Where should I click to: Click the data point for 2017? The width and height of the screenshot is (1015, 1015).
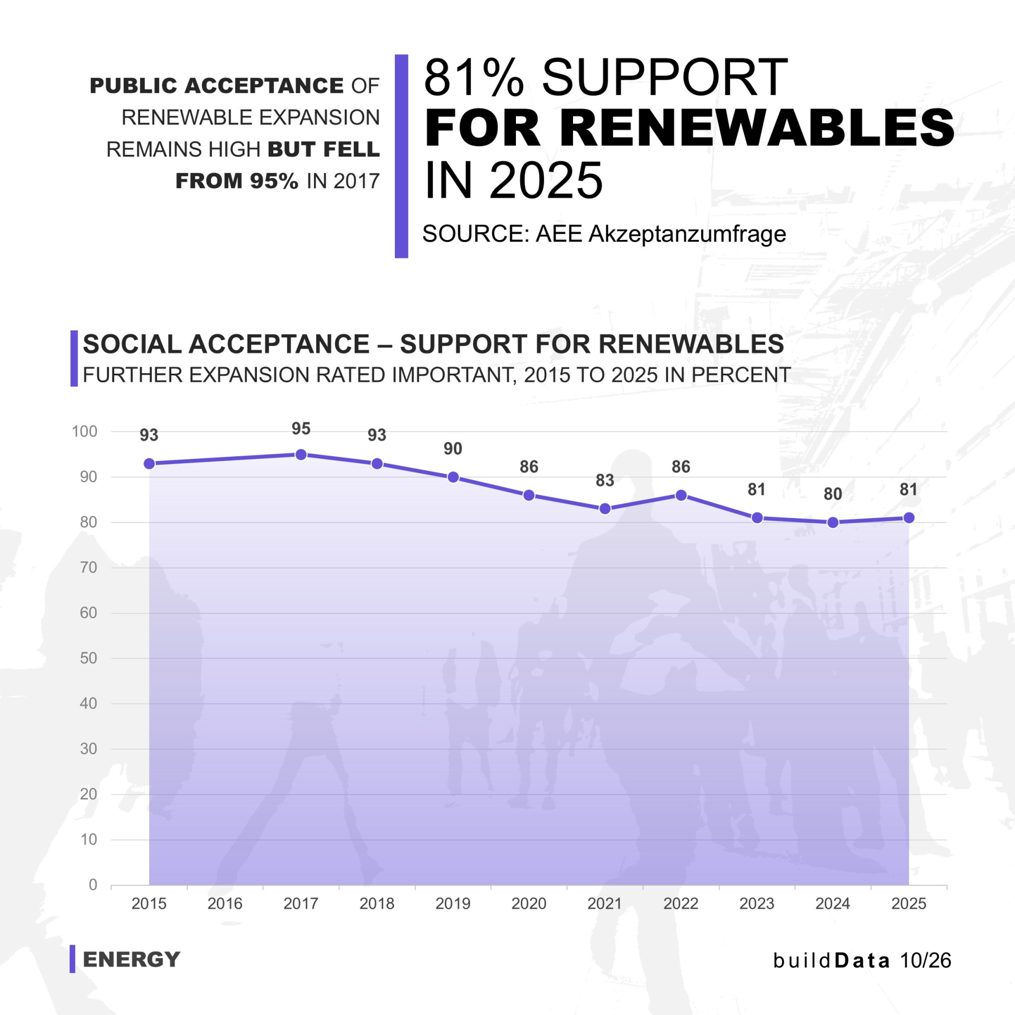(x=301, y=455)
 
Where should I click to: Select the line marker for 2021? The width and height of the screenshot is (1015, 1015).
(x=605, y=509)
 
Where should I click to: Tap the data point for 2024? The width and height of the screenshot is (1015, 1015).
(x=833, y=522)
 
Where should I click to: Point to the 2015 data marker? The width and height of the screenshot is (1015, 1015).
(x=149, y=464)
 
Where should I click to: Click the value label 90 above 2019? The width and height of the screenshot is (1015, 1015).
(x=453, y=448)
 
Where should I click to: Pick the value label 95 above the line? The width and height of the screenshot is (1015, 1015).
(x=301, y=428)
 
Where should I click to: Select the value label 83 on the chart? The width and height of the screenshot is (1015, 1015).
(x=605, y=480)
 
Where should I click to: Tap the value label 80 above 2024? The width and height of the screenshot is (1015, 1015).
(x=833, y=494)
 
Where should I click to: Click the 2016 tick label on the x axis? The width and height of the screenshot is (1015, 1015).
(x=225, y=903)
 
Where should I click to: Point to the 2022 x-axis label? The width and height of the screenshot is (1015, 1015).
(x=681, y=903)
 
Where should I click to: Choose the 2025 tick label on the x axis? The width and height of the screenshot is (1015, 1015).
(x=909, y=903)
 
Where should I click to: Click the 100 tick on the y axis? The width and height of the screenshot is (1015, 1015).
(x=85, y=431)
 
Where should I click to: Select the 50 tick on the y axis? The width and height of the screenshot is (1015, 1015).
(x=89, y=658)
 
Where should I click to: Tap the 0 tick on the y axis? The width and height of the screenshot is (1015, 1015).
(x=93, y=884)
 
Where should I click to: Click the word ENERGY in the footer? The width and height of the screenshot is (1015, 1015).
(x=132, y=959)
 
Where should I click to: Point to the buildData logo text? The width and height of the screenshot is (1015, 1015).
(x=832, y=961)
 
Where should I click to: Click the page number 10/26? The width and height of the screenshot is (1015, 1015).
(x=925, y=961)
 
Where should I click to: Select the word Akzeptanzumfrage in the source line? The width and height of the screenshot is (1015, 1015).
(x=687, y=234)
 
